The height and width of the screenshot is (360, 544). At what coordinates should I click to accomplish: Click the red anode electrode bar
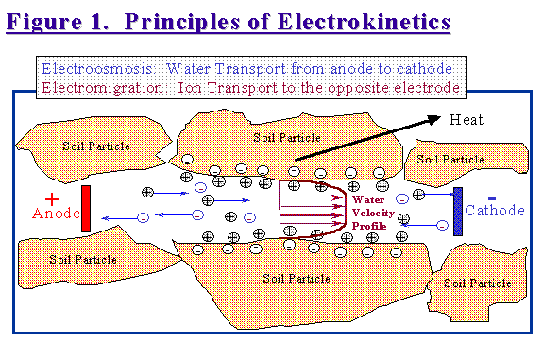(86, 208)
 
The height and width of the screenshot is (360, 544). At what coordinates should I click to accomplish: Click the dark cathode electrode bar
(458, 211)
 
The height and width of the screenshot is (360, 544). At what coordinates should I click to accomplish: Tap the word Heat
(466, 120)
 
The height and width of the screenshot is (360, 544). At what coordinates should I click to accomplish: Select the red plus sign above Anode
(52, 199)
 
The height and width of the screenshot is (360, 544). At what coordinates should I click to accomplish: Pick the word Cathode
(495, 210)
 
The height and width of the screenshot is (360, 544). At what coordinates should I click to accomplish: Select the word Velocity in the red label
(369, 213)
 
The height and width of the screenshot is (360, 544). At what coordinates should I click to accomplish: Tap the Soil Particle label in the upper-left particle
(95, 146)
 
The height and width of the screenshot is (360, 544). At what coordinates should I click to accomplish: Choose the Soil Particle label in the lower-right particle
(478, 283)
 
